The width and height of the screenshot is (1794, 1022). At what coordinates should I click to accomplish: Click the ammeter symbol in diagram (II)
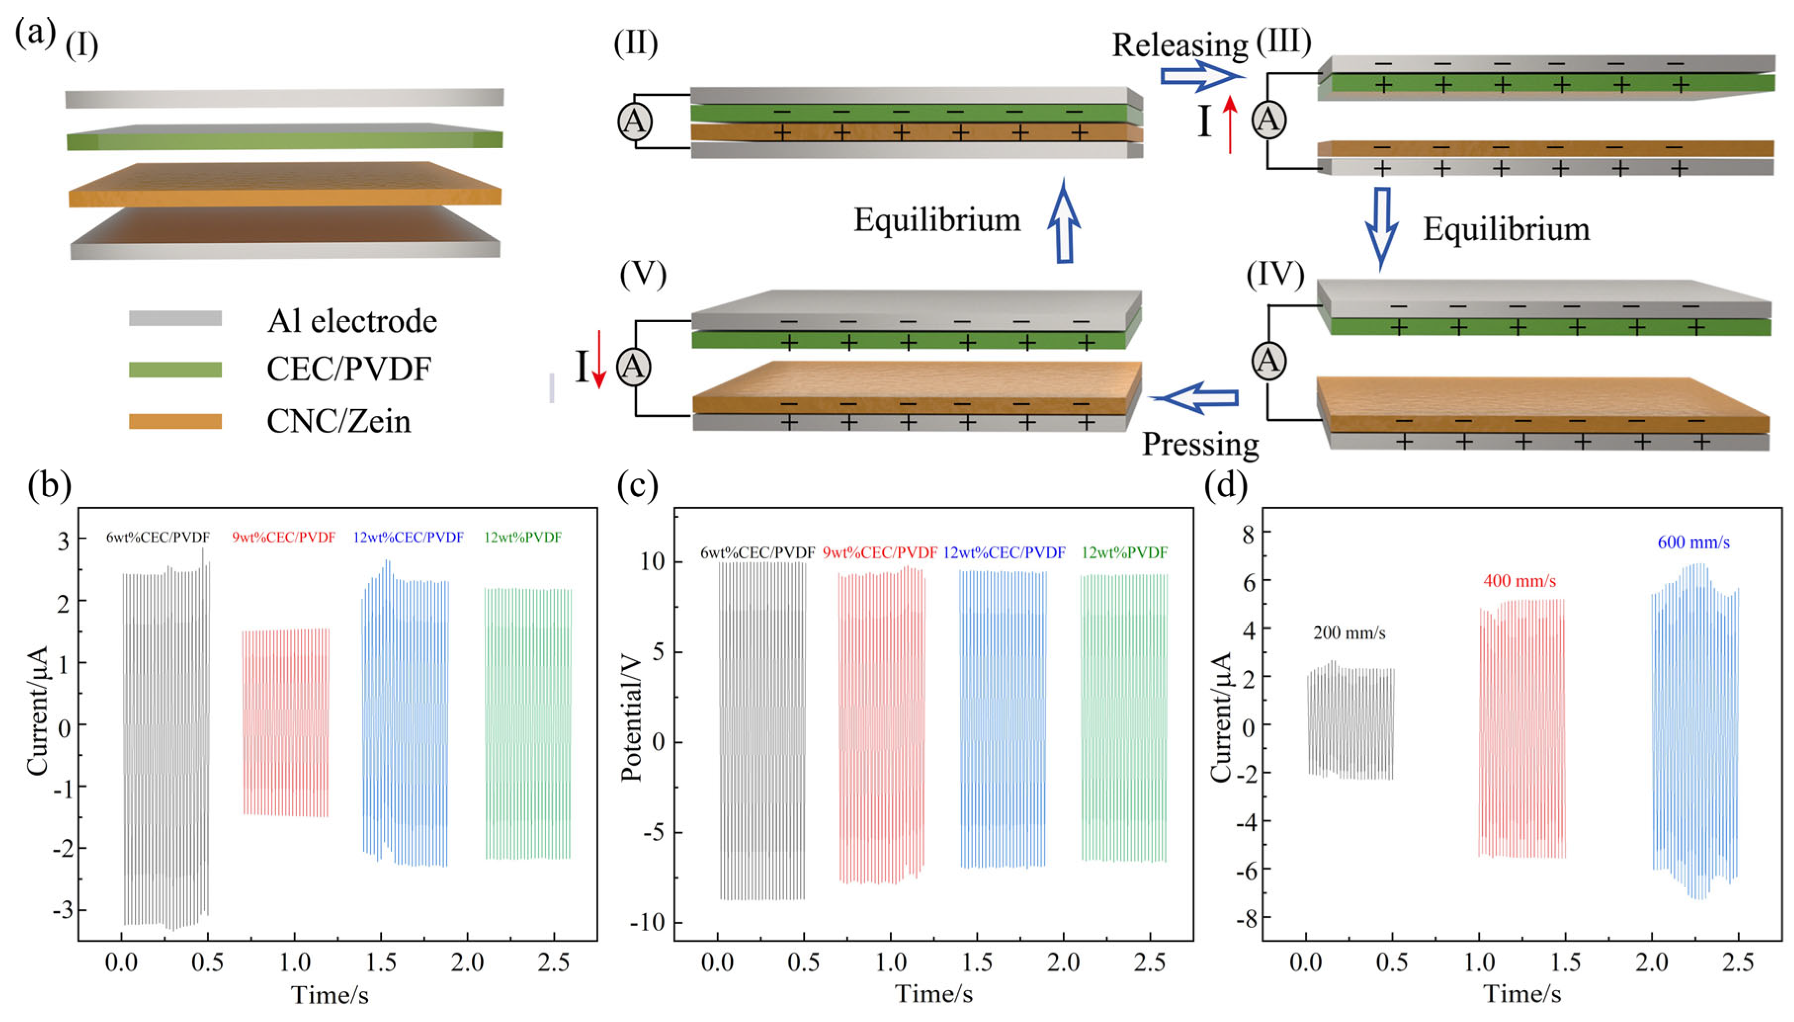pyautogui.click(x=634, y=122)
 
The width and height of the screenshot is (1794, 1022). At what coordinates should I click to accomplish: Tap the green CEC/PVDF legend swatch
pyautogui.click(x=175, y=369)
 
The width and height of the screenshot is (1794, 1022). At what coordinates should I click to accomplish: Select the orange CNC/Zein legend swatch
pyautogui.click(x=175, y=421)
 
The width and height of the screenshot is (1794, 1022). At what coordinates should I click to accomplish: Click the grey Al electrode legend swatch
pyautogui.click(x=175, y=319)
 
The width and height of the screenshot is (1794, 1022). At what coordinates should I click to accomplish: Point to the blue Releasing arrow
pyautogui.click(x=1202, y=76)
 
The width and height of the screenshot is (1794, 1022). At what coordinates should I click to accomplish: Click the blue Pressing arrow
pyautogui.click(x=1195, y=398)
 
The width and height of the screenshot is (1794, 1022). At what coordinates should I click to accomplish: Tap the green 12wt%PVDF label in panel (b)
pyautogui.click(x=522, y=537)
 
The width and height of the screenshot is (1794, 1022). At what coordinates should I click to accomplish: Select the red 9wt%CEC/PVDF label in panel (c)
pyautogui.click(x=879, y=552)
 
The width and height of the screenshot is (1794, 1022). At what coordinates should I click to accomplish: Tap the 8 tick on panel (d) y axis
pyautogui.click(x=1247, y=534)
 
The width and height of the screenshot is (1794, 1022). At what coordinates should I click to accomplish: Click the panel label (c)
pyautogui.click(x=637, y=485)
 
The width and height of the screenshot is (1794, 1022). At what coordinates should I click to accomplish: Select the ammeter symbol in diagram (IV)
pyautogui.click(x=1268, y=361)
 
